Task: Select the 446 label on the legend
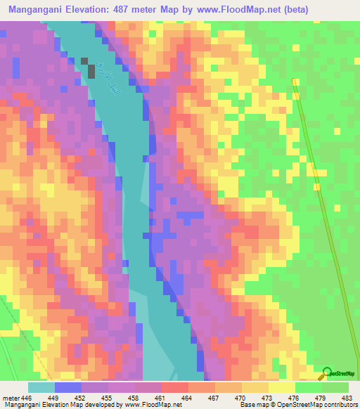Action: (x=26, y=398)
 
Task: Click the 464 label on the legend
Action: (x=188, y=398)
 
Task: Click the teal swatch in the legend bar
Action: (x=41, y=387)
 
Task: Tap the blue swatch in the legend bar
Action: (x=67, y=387)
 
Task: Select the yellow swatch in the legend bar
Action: (x=281, y=387)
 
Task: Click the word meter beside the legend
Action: (x=11, y=398)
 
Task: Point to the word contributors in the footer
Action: (x=339, y=405)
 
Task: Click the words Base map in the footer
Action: (x=252, y=405)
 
